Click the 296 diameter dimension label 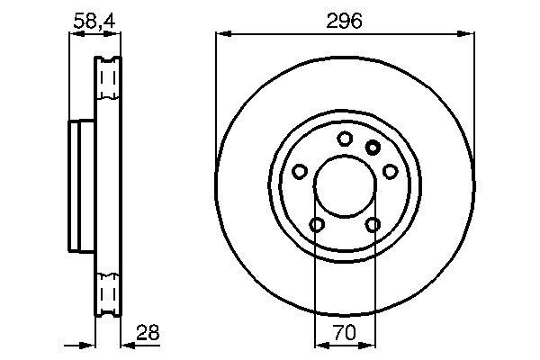click(344, 21)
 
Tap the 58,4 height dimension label click(94, 21)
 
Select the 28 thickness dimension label click(148, 333)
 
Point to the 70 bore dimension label click(345, 333)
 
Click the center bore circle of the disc click(345, 157)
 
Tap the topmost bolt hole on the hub click(345, 139)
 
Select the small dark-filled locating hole click(373, 148)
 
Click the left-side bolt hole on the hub click(300, 171)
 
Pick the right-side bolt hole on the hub click(391, 171)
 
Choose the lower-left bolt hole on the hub click(317, 225)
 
